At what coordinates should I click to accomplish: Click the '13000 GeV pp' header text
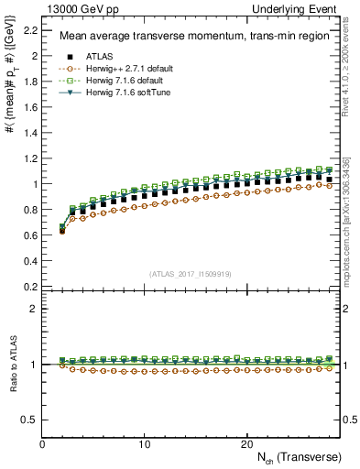click(x=75, y=8)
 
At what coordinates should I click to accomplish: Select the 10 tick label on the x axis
click(x=145, y=444)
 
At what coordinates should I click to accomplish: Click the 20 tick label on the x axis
click(x=246, y=444)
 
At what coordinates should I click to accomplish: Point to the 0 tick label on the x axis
click(x=43, y=444)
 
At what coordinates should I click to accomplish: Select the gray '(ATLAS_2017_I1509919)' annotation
click(x=191, y=273)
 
